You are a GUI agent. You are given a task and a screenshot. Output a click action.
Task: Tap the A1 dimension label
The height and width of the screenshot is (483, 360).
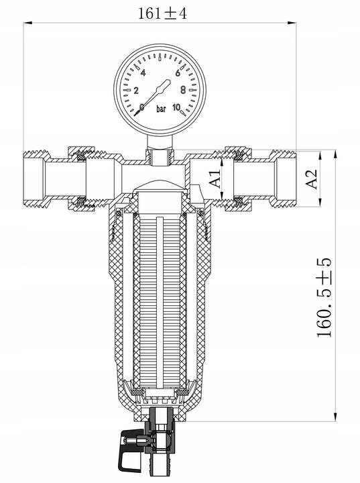point(214,180)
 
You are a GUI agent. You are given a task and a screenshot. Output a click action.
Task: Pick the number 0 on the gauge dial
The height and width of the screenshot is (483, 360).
point(142,107)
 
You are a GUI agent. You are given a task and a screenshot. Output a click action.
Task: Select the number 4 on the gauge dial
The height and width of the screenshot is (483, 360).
point(143,72)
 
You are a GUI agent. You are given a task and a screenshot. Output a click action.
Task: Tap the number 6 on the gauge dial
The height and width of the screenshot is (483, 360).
point(178,72)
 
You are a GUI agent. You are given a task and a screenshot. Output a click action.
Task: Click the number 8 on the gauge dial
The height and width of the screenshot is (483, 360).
point(183,90)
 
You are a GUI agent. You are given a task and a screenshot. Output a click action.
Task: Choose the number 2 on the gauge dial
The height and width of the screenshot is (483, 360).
point(137,91)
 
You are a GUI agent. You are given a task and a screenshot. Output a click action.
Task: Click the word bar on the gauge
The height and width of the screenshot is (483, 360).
point(161,108)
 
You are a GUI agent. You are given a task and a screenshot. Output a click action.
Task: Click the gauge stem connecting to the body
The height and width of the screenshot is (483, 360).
point(159,150)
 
